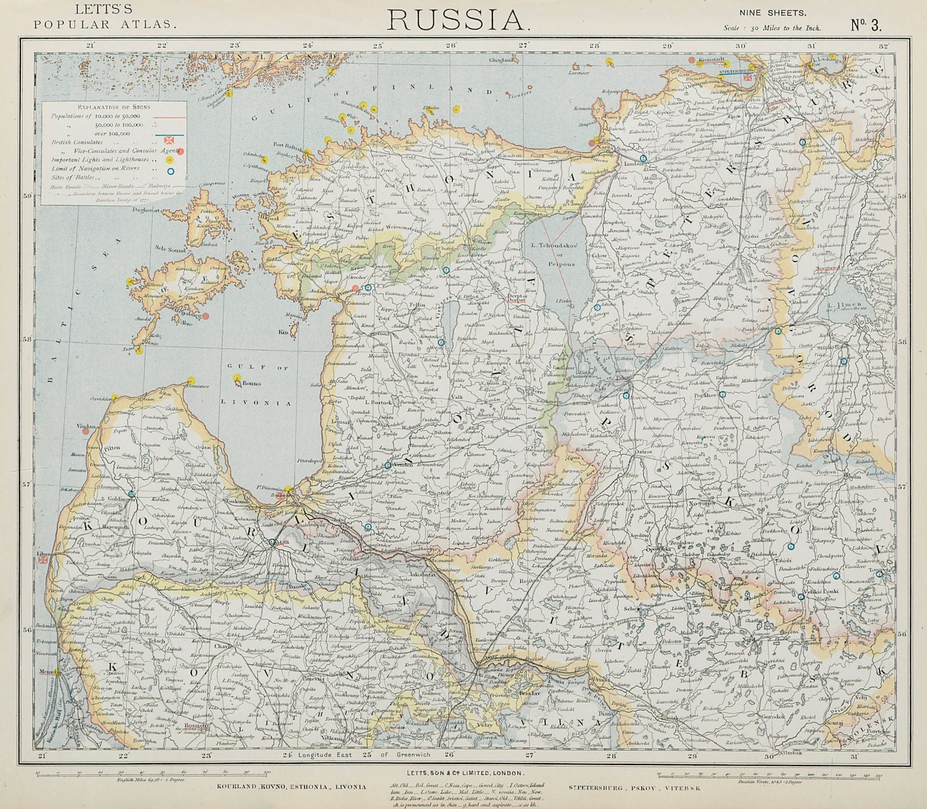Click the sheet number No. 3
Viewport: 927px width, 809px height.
tap(866, 24)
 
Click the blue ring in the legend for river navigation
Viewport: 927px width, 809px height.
tap(170, 171)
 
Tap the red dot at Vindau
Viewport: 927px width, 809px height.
tap(86, 431)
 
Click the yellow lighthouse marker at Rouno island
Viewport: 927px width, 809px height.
tap(237, 378)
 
